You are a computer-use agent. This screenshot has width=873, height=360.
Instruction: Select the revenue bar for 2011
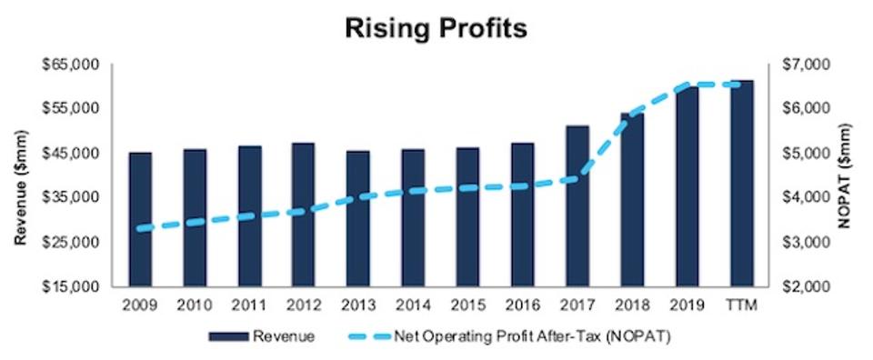(x=250, y=217)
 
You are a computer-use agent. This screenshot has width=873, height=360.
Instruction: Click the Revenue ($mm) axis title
(x=19, y=175)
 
